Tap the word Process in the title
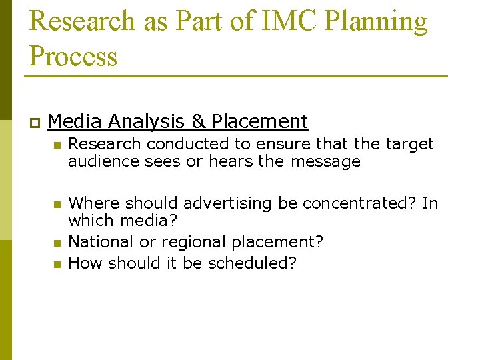click(x=73, y=56)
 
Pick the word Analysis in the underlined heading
click(x=146, y=121)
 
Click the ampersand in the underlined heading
click(x=198, y=121)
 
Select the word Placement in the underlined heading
click(x=259, y=121)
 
